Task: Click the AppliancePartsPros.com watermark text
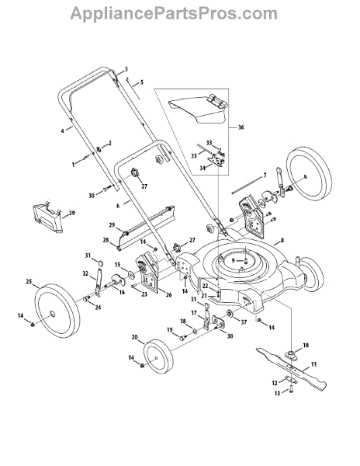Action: click(174, 13)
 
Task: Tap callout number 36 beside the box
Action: click(241, 127)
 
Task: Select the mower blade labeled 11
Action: click(292, 368)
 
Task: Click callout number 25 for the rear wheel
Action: click(29, 281)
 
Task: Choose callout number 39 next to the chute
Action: click(72, 213)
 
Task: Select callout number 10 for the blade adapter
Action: click(306, 345)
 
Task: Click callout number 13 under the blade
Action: click(277, 393)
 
